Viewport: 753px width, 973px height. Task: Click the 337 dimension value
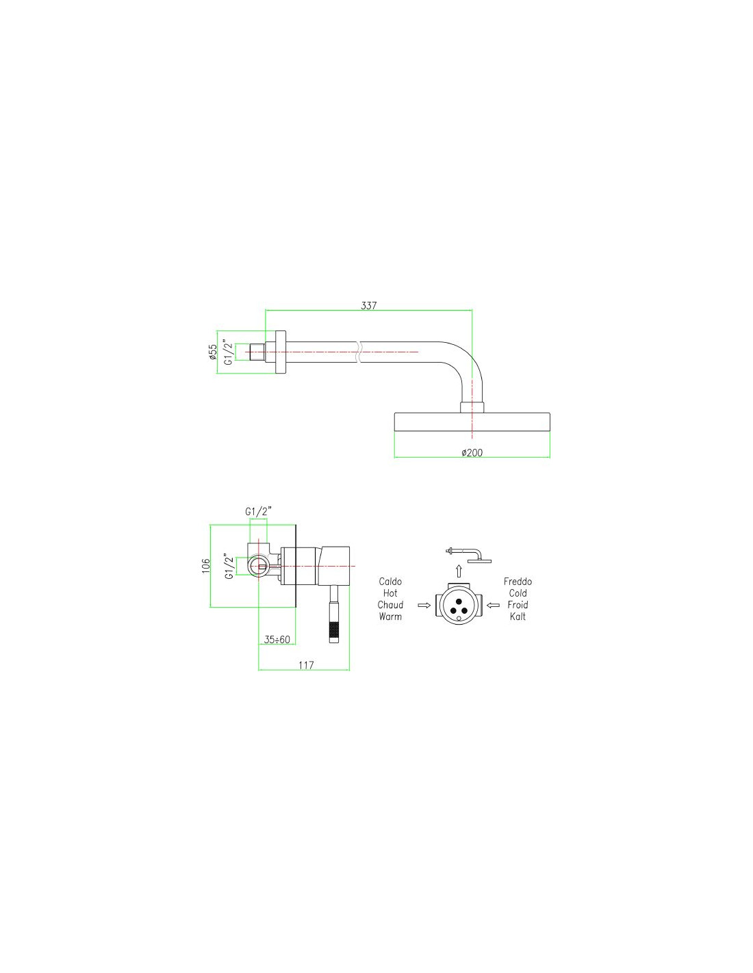tap(369, 305)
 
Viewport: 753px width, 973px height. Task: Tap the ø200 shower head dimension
tap(472, 453)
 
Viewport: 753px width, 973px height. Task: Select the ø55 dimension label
tap(213, 352)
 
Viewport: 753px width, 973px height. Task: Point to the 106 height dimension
tap(205, 566)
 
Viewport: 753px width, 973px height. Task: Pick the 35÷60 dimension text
tap(277, 640)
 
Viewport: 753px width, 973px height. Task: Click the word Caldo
tap(390, 582)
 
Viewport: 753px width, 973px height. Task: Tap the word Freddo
tap(518, 582)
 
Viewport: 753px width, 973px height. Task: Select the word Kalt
tap(518, 617)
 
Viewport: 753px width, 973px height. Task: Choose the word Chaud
tap(390, 605)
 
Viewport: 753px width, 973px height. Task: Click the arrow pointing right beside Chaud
tap(424, 606)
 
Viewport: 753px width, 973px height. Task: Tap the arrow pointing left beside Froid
tap(493, 606)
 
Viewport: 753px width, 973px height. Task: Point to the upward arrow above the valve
tap(459, 571)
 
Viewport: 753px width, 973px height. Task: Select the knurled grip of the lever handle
tap(333, 629)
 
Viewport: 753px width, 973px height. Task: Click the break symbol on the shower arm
tap(358, 352)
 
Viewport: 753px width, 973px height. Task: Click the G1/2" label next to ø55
tap(229, 352)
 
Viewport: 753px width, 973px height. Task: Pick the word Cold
tap(518, 593)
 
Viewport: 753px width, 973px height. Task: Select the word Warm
tap(390, 617)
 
